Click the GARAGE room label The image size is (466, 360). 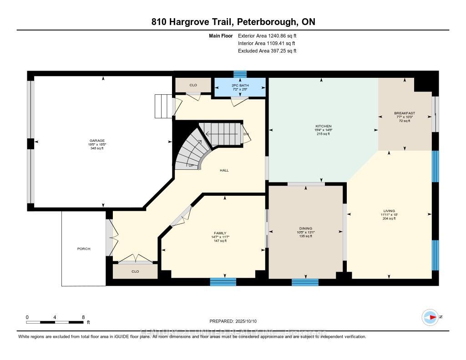(97, 141)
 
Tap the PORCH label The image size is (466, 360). (84, 249)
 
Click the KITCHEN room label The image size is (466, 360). (324, 126)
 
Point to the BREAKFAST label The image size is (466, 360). (405, 113)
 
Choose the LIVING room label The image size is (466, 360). (389, 211)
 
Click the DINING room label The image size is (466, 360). (305, 228)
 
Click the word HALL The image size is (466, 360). (224, 170)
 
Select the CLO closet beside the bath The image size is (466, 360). (193, 85)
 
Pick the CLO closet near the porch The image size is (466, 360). (135, 272)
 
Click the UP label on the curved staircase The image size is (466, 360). (192, 165)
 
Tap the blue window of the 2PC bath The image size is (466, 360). (240, 74)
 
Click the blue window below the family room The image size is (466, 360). (223, 282)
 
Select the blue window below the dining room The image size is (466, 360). (305, 282)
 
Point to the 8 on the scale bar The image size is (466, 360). (83, 317)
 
